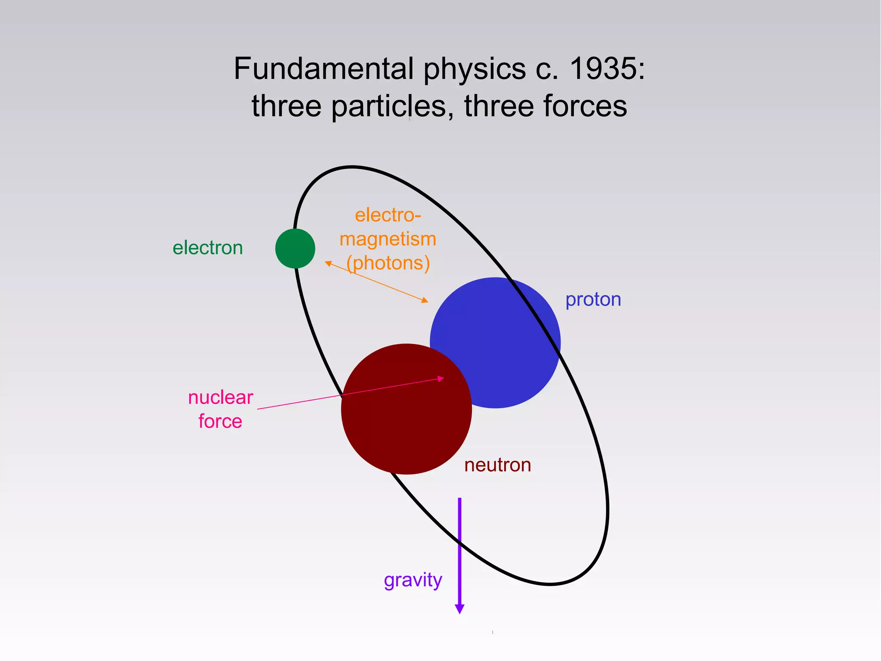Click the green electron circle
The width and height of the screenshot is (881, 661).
pos(295,248)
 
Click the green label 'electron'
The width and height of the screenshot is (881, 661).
pos(208,248)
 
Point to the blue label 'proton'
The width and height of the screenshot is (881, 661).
pos(593,299)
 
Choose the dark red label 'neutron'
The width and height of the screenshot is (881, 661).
pos(498,465)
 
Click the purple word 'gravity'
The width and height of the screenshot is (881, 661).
pos(413,580)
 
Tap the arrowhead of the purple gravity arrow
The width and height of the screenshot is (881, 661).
pos(459,608)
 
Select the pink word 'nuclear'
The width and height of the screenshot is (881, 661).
pos(221,397)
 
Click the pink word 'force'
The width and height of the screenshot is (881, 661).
pos(220,421)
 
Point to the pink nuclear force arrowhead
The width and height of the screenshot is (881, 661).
pos(440,379)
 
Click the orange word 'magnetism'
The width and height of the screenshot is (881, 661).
pos(388,239)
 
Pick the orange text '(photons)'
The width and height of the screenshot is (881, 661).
pos(388,263)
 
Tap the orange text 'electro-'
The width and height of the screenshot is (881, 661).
pos(388,215)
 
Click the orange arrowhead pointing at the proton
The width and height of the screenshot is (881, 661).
pos(425,300)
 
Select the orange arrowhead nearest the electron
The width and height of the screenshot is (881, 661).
pos(328,263)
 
